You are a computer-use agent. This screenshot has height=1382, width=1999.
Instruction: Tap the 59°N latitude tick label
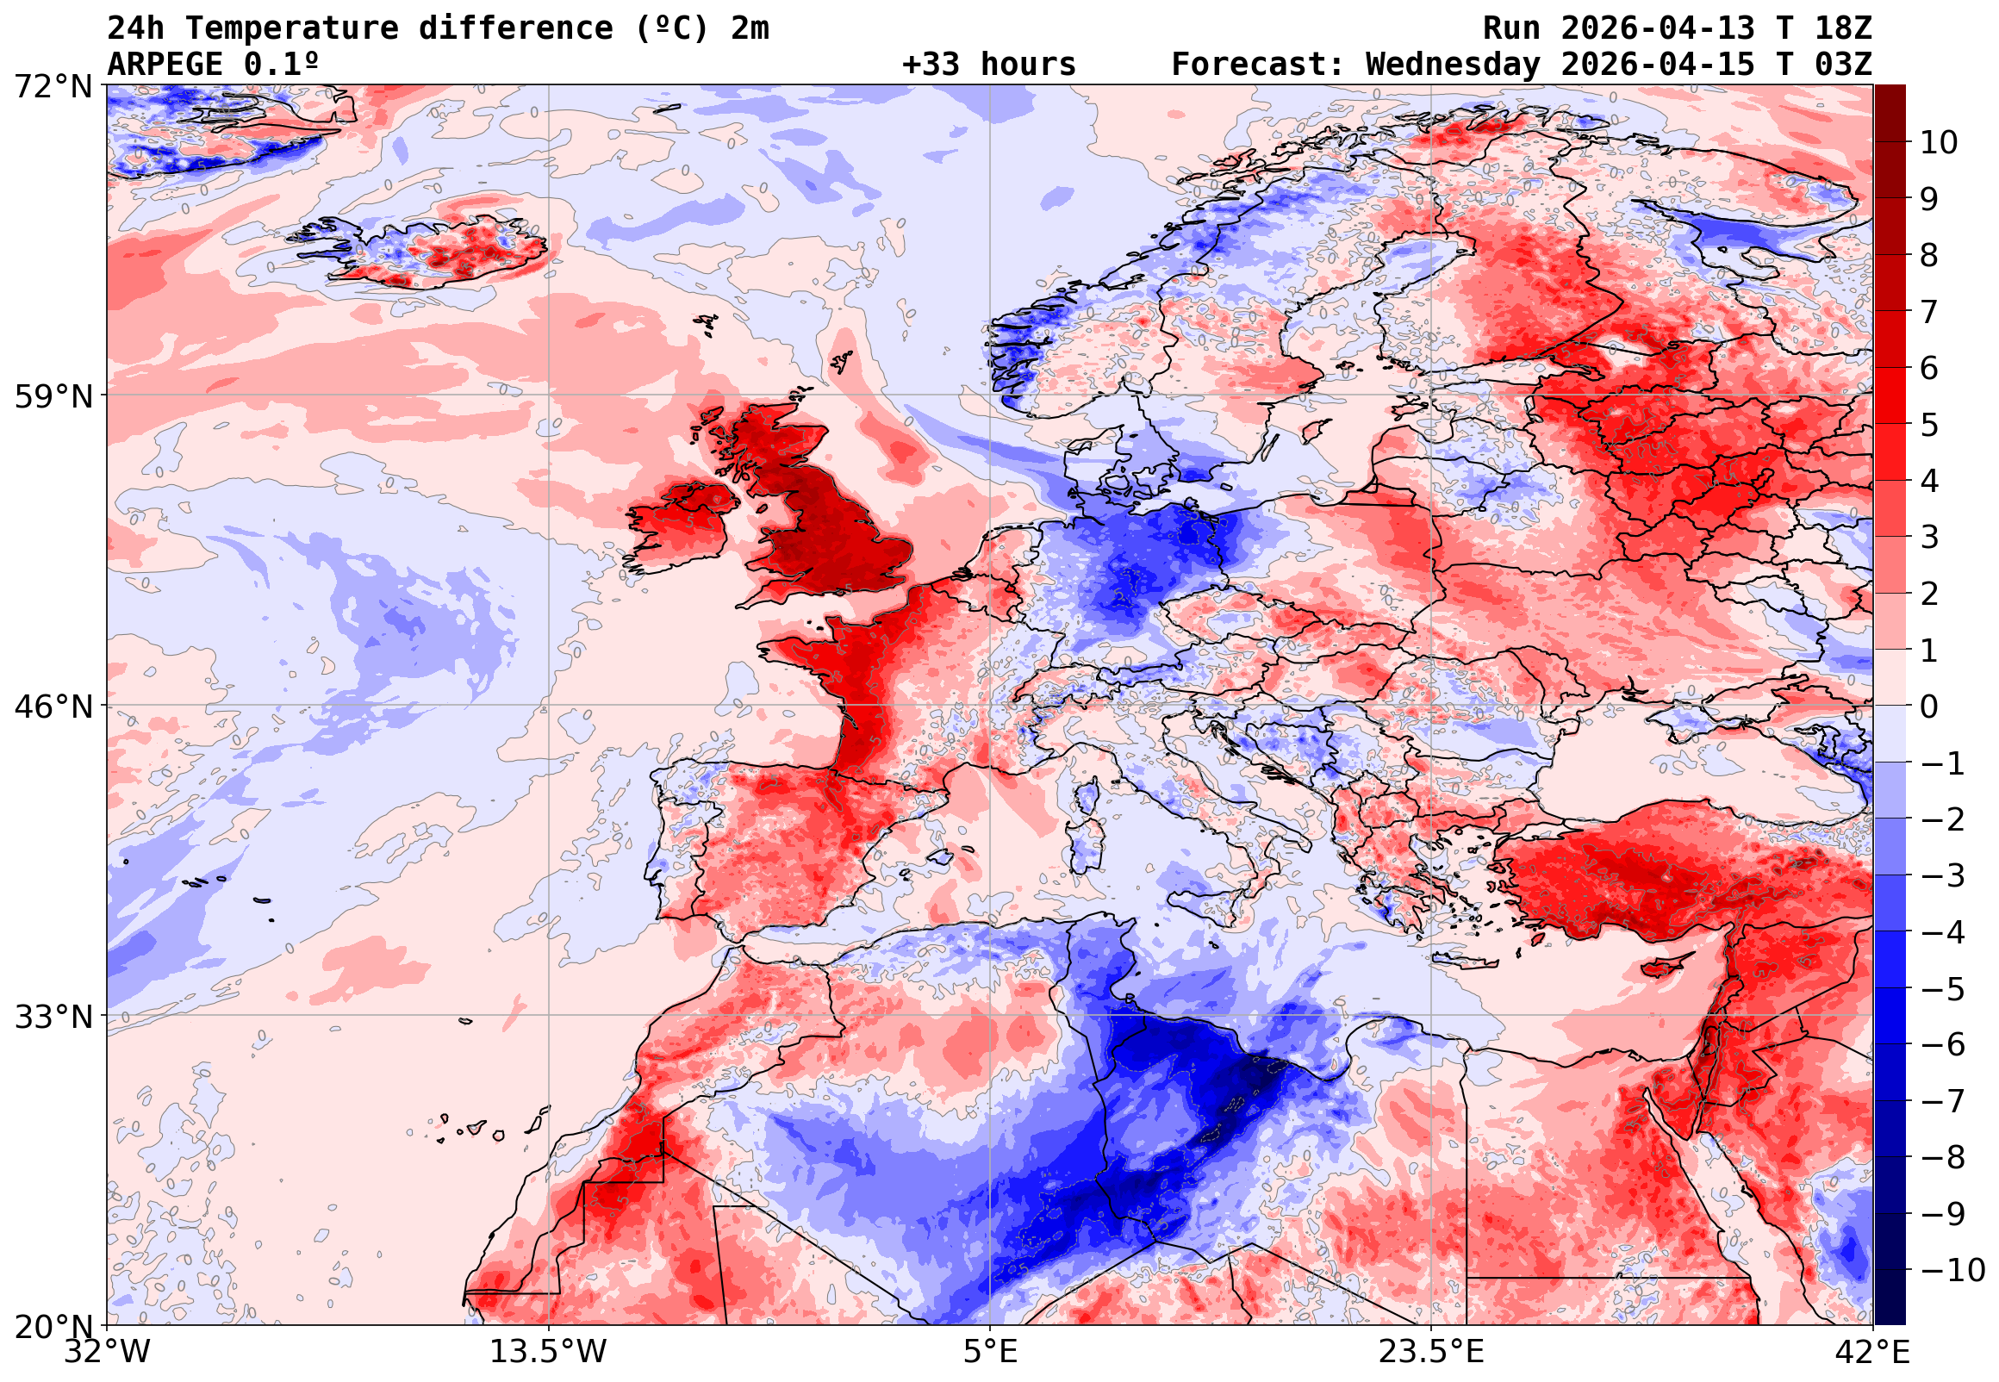click(53, 396)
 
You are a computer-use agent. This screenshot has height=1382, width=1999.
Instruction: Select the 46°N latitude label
click(53, 707)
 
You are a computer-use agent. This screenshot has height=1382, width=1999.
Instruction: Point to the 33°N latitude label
click(53, 1017)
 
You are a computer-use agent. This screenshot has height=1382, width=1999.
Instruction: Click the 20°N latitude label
click(53, 1327)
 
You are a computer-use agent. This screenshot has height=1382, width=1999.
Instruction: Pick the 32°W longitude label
click(108, 1351)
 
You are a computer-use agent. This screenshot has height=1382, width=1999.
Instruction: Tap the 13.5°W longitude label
click(549, 1351)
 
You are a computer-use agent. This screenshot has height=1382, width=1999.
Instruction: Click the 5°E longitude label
click(990, 1351)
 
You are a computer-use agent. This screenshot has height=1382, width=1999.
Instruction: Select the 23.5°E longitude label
click(1431, 1351)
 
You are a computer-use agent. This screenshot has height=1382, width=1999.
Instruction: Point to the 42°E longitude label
click(1872, 1351)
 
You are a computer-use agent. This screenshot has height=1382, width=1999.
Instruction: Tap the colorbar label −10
click(1952, 1270)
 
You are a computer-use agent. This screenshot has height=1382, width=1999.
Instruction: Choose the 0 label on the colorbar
click(1929, 707)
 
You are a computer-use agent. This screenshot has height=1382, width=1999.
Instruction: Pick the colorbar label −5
click(1943, 989)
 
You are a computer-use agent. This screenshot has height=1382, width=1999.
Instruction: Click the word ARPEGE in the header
click(165, 65)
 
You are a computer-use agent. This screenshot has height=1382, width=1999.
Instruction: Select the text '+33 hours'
click(988, 65)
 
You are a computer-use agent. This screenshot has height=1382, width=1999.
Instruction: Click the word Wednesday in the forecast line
click(1453, 65)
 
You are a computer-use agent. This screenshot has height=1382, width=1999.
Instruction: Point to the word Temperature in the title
click(291, 28)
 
